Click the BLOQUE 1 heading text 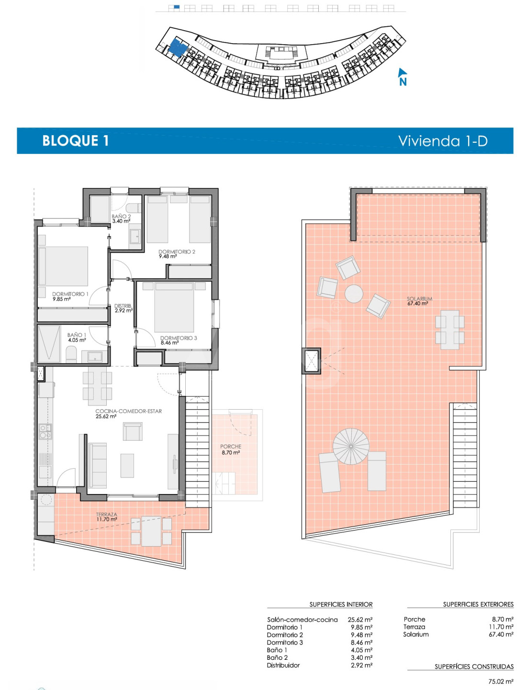click(76, 140)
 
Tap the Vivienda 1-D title click(443, 141)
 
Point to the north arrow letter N click(403, 82)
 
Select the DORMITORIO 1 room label click(70, 294)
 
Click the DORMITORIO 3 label click(179, 338)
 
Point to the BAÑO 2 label click(121, 216)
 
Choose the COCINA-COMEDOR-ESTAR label click(129, 411)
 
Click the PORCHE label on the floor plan click(231, 447)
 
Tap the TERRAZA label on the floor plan click(106, 514)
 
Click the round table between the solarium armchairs click(354, 294)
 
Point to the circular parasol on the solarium click(351, 446)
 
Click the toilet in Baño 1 click(71, 355)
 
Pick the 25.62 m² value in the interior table click(360, 620)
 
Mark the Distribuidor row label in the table click(283, 665)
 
